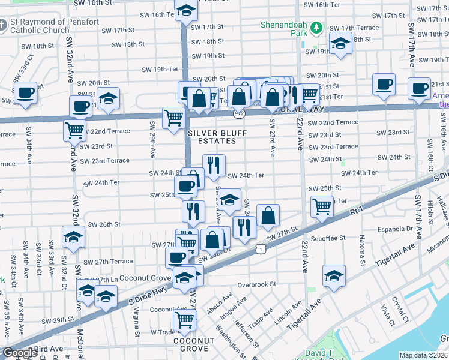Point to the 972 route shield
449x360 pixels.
240,112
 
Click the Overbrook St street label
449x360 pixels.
256,284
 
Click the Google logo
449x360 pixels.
20,353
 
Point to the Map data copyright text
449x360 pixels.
424,355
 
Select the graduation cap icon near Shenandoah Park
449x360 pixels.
340,44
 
